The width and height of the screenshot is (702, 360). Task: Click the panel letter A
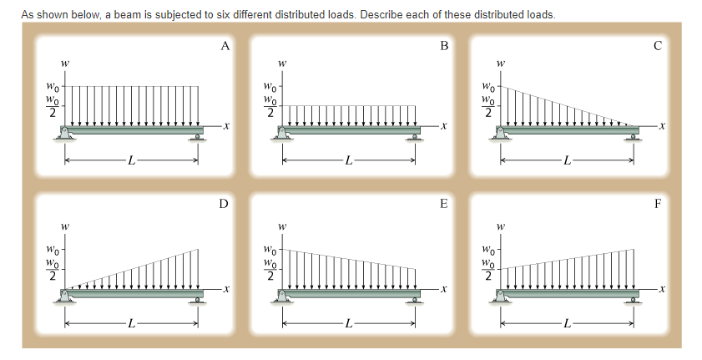point(225,48)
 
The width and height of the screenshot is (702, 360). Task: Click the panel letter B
point(444,48)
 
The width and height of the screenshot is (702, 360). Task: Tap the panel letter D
point(223,203)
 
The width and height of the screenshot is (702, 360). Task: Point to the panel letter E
point(444,203)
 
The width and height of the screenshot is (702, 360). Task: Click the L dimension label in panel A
point(130,160)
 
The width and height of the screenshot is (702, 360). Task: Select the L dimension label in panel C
point(568,160)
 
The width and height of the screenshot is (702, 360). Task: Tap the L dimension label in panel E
point(350,322)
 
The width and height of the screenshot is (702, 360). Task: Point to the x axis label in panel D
point(226,288)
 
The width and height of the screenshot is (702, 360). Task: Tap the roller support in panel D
point(197,298)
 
